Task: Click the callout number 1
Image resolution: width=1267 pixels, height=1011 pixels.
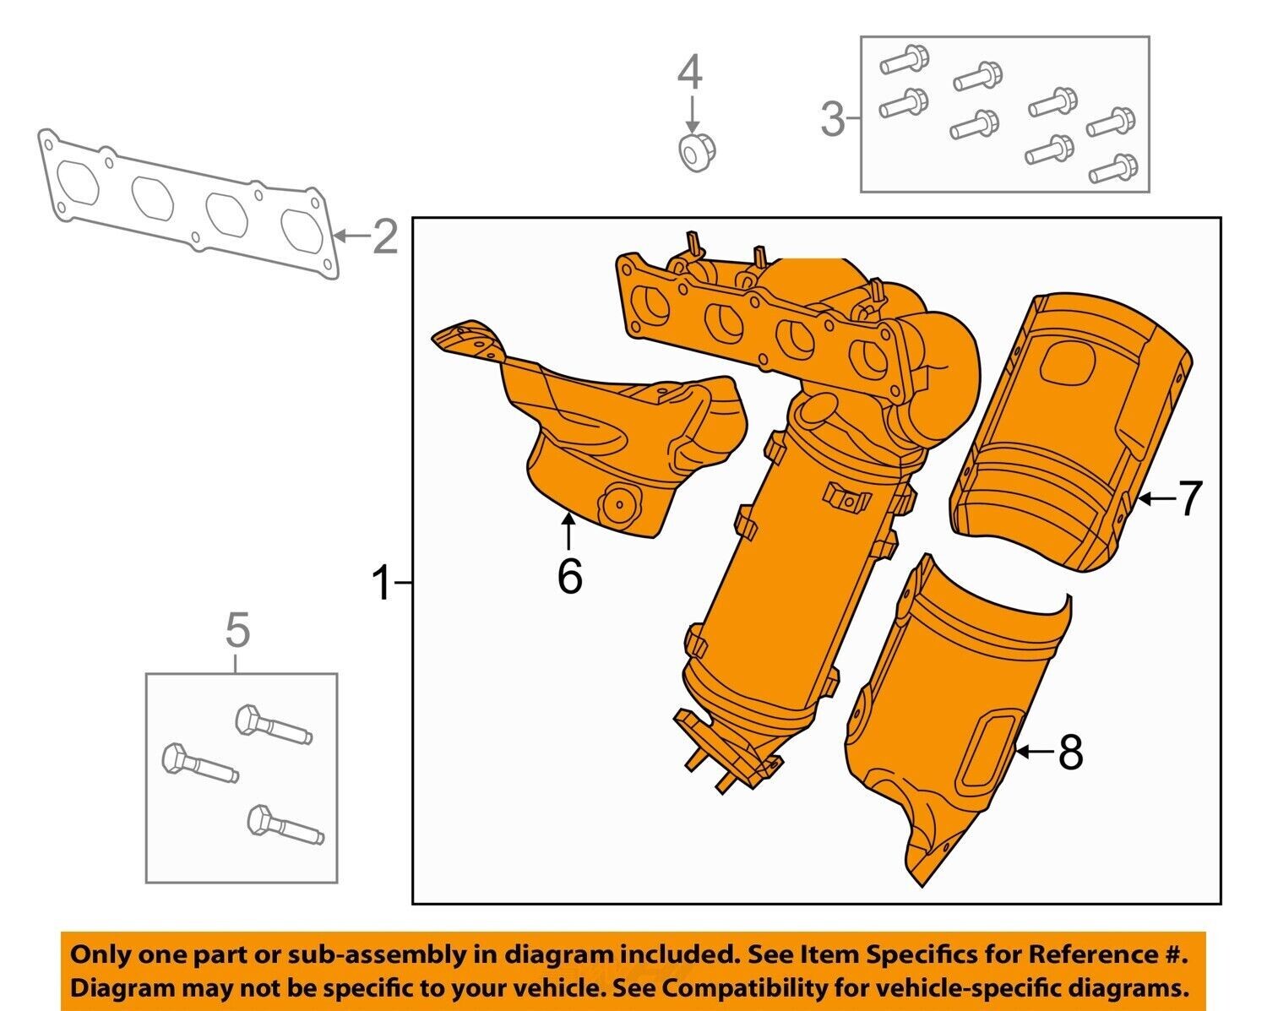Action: tap(383, 584)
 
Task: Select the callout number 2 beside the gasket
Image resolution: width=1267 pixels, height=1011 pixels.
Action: tap(384, 236)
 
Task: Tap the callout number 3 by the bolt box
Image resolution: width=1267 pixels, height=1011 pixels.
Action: tap(833, 119)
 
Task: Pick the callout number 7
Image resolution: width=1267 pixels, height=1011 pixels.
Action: tap(1188, 499)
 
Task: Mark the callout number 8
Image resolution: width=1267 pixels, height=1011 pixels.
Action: tap(1070, 752)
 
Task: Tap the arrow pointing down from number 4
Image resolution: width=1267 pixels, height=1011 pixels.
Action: tap(691, 113)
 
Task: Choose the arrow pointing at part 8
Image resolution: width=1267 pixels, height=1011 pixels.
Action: tap(1035, 751)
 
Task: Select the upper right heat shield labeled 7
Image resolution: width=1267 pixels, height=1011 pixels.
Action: tap(1073, 431)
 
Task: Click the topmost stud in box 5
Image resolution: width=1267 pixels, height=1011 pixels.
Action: tap(272, 726)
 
